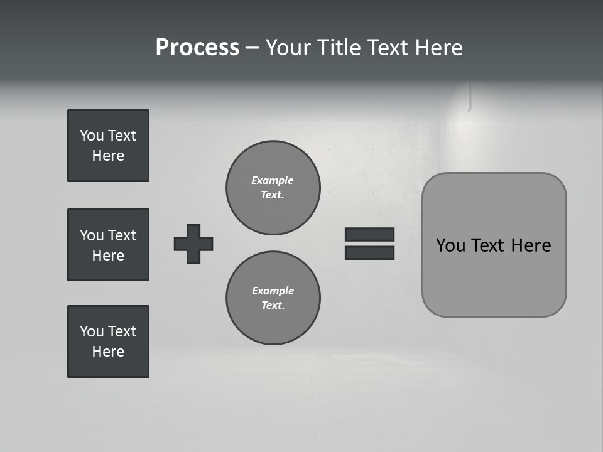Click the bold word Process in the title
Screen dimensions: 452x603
[197, 48]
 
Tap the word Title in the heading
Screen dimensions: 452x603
[339, 48]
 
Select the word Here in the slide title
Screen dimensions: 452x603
[438, 48]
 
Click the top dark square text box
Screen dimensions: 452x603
[108, 146]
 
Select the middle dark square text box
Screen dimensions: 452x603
[108, 245]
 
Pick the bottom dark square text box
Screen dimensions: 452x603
[108, 342]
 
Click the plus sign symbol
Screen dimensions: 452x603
[193, 244]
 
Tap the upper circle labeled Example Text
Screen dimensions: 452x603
[273, 188]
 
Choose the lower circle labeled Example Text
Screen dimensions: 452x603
[273, 298]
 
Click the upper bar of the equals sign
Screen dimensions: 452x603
[369, 235]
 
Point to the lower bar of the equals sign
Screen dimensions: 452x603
[369, 252]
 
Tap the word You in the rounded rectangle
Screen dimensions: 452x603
[450, 245]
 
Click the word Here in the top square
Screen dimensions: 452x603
[108, 156]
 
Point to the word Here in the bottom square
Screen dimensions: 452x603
[108, 352]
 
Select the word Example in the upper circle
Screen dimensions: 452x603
[273, 180]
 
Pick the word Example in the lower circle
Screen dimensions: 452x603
[273, 291]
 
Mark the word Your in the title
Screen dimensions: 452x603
[288, 48]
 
